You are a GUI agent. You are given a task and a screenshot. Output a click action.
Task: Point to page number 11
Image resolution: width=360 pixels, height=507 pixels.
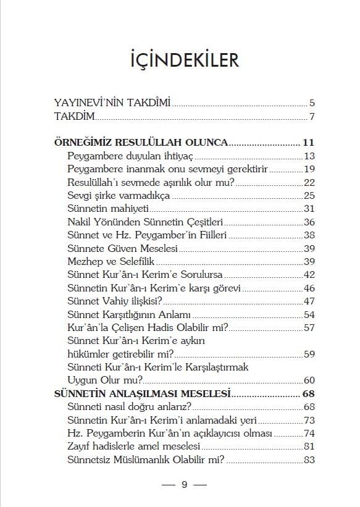(x=309, y=142)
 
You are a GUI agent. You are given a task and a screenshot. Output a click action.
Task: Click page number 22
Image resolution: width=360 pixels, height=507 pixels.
(x=310, y=182)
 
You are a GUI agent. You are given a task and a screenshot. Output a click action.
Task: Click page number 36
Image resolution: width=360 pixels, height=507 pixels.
(x=310, y=222)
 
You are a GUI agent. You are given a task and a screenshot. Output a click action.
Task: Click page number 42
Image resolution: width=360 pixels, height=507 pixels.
(x=310, y=275)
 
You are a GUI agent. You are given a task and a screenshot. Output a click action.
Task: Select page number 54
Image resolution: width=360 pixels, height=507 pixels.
(x=310, y=314)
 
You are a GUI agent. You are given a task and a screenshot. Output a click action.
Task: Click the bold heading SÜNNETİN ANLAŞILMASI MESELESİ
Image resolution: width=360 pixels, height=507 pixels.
(x=143, y=393)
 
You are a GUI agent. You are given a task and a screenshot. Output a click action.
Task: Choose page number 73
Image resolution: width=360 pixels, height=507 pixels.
(x=310, y=420)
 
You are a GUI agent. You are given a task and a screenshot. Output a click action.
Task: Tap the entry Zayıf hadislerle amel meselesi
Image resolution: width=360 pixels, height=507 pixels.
(x=135, y=446)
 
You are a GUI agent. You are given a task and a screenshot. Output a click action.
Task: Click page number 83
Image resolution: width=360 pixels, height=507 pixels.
(x=310, y=460)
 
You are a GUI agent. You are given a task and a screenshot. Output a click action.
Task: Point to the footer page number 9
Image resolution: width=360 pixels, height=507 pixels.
(x=184, y=484)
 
